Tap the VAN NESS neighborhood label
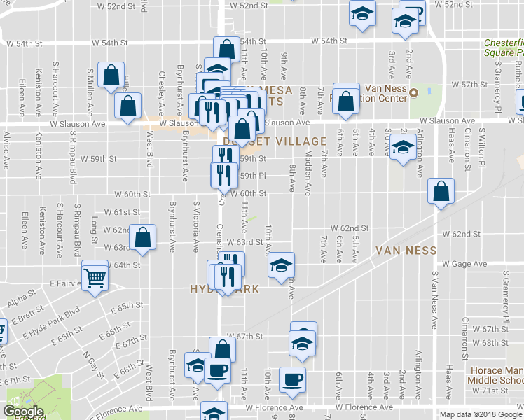point(406,251)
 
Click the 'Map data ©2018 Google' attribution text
point(481,414)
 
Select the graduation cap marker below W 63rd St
point(281,266)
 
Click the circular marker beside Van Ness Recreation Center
point(413,93)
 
